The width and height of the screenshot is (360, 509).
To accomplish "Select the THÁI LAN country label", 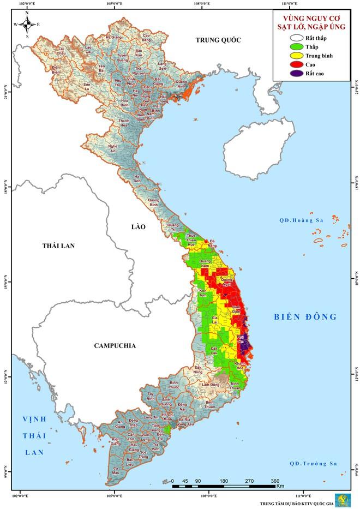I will click(58, 246).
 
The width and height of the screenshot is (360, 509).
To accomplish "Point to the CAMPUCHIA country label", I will click(115, 345).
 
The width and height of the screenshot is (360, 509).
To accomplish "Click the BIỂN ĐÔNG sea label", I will click(305, 317).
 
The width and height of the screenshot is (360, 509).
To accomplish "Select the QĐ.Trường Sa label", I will click(313, 464).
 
